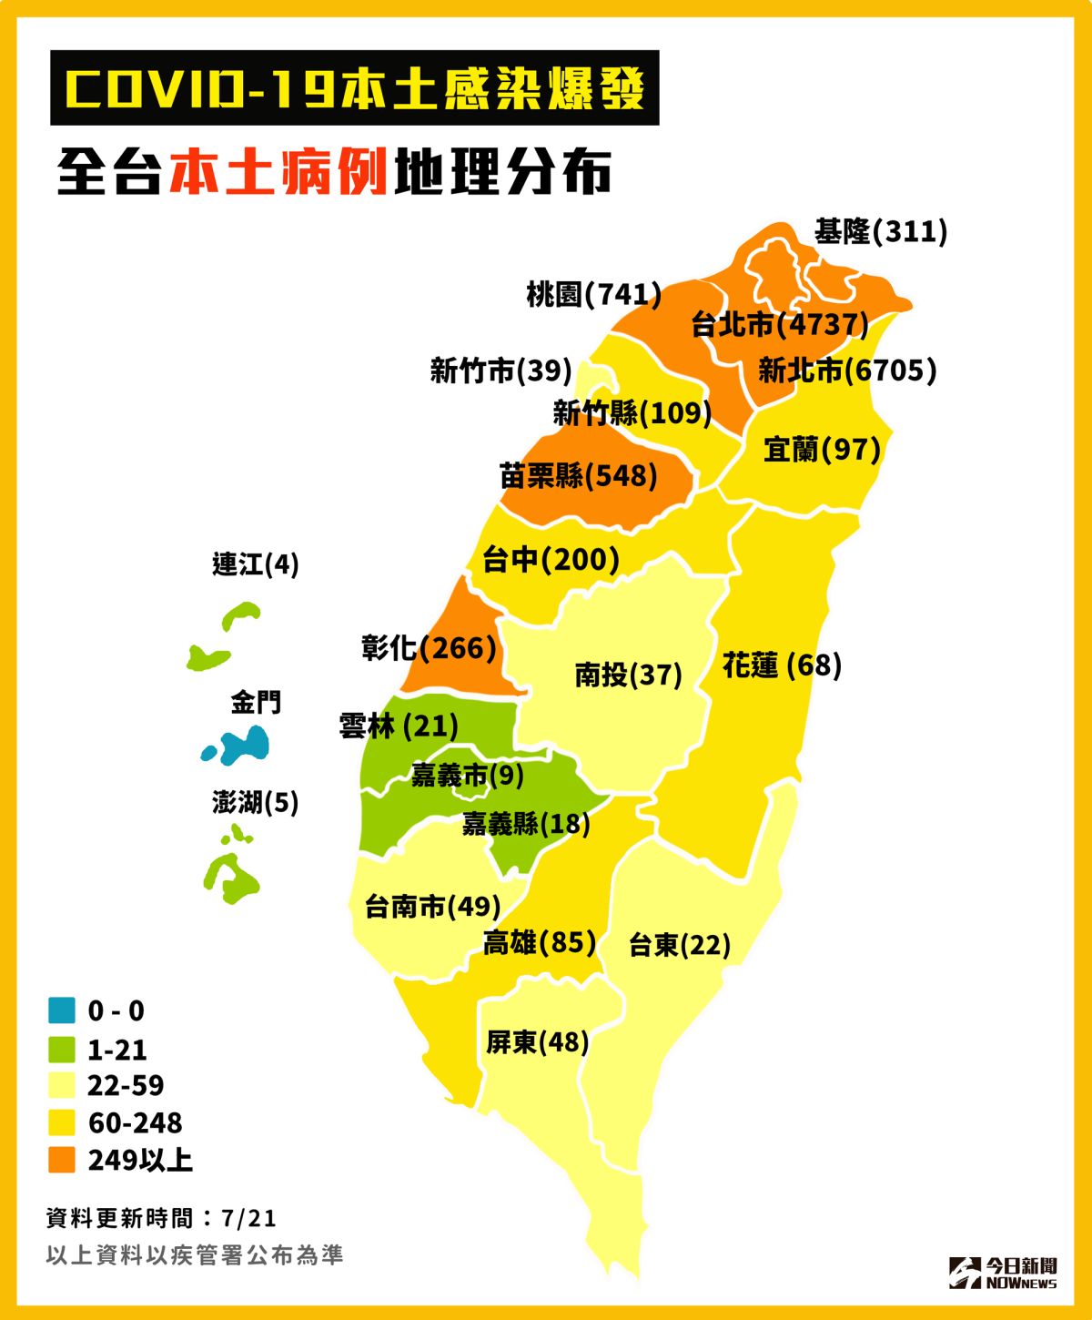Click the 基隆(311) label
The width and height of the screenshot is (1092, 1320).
pos(880,231)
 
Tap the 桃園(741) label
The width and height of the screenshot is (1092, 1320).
pos(593,294)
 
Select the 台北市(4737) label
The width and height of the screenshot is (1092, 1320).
pos(779,324)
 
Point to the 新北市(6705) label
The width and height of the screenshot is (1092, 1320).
pos(846,371)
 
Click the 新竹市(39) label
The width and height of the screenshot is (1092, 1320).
pos(500,371)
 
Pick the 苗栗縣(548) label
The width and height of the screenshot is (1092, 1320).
pos(578,475)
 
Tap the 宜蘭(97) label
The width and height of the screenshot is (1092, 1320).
pos(821,449)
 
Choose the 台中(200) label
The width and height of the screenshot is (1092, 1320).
pos(551,559)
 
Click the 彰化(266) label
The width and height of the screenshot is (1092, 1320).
pos(429,648)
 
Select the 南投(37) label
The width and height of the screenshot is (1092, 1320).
pos(628,675)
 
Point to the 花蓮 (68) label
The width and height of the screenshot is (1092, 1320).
pos(781,665)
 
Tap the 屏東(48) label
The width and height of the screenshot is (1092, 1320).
pos(537,1041)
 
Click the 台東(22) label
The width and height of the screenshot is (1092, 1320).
pos(679,945)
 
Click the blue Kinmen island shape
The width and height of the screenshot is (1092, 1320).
pos(241,746)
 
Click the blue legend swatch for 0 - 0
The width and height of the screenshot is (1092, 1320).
pos(62,1010)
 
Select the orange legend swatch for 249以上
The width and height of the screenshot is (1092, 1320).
pos(62,1160)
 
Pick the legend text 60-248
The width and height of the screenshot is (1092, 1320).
pos(135,1122)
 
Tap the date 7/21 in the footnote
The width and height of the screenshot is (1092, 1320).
pos(248,1218)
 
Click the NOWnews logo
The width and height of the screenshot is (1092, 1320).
pos(1003,1273)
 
